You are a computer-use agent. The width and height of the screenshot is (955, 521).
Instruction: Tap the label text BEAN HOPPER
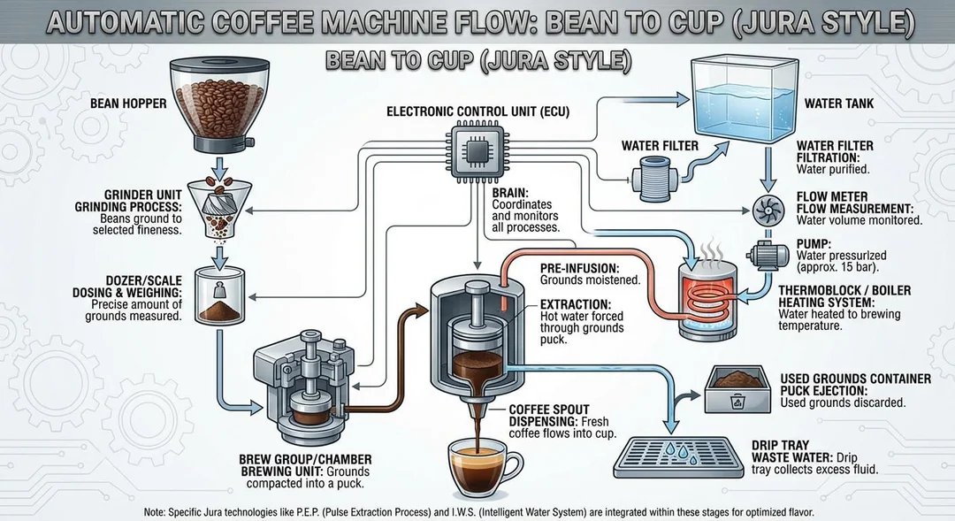128,104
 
